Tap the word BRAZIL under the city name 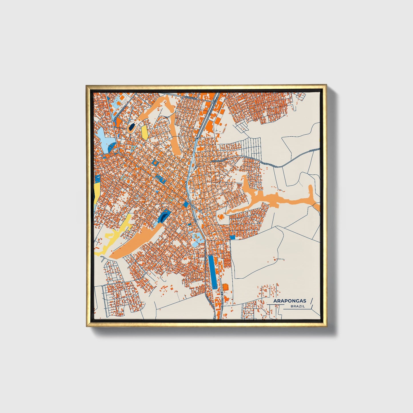pos(297,306)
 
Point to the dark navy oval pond pos(131,127)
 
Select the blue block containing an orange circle pos(155,162)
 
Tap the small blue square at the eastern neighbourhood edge pos(232,237)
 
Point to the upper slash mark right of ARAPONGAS pos(311,300)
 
